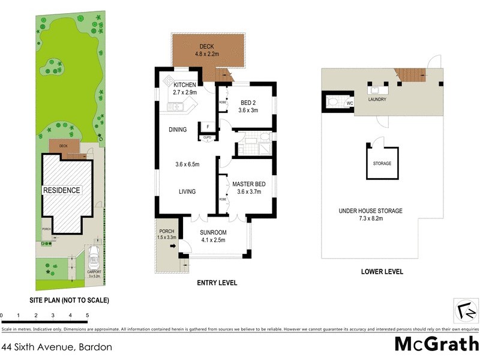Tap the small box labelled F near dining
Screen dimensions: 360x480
point(206,127)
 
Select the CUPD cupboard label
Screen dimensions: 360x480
point(206,137)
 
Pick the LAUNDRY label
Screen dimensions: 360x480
point(377,99)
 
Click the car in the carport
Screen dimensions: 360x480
point(94,259)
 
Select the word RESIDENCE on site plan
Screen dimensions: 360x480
point(61,190)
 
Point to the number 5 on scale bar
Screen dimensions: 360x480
point(88,315)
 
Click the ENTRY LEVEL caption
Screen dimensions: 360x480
point(217,283)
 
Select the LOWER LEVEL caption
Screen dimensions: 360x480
point(382,272)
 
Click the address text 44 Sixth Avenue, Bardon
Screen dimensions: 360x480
point(56,346)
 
